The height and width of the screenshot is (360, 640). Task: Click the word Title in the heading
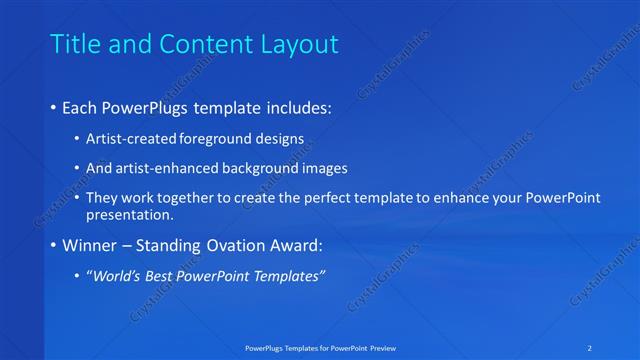[75, 44]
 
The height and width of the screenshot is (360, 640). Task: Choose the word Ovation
[237, 245]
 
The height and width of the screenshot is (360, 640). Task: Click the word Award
[300, 245]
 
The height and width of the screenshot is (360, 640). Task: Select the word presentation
[130, 214]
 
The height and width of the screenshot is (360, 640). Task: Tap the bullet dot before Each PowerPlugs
[53, 106]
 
